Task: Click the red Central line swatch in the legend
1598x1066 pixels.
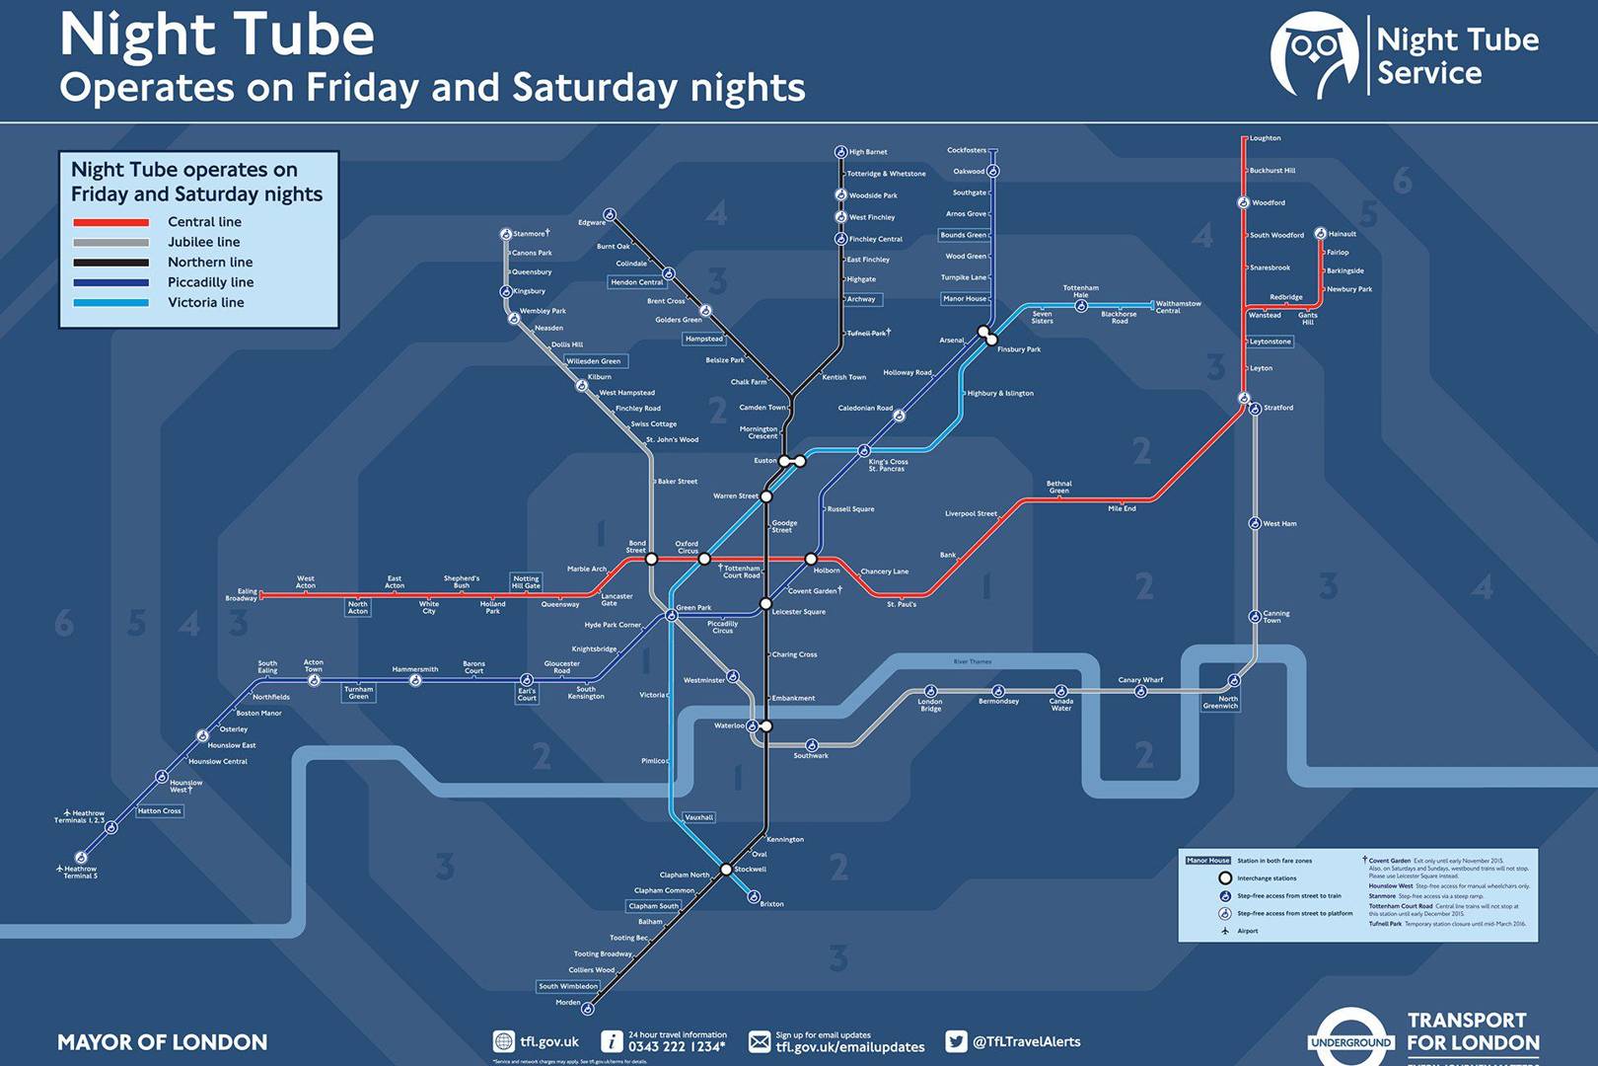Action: point(110,222)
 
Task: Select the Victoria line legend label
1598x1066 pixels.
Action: point(205,302)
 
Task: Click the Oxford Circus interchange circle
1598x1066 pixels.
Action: point(704,559)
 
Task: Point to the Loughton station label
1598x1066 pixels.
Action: point(1265,138)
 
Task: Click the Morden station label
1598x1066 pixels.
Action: point(568,1003)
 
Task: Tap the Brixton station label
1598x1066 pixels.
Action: point(771,904)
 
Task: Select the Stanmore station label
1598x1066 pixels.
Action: point(530,234)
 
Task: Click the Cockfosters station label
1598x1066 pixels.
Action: point(966,150)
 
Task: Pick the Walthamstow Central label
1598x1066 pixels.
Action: point(1178,307)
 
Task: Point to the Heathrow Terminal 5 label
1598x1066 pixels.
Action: point(80,873)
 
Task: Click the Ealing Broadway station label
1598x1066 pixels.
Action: point(242,594)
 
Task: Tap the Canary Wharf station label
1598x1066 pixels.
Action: point(1140,680)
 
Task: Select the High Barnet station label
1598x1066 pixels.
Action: point(868,152)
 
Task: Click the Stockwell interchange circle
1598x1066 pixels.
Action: point(726,870)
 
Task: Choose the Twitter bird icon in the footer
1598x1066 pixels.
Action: point(955,1041)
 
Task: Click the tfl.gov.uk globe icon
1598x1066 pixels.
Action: point(503,1041)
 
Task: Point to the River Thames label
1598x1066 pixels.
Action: point(973,661)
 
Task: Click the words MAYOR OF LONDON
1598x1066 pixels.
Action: point(162,1042)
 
